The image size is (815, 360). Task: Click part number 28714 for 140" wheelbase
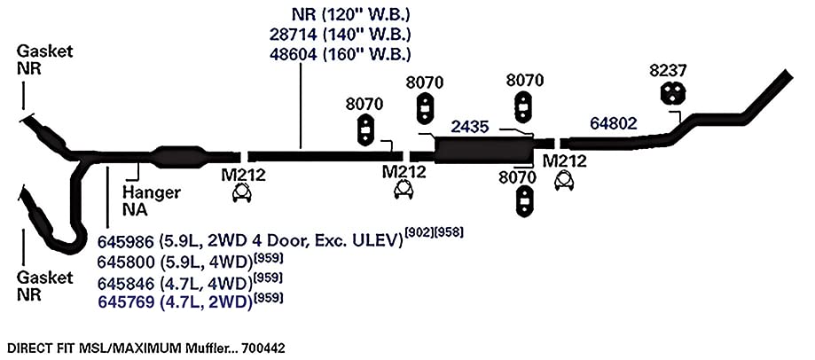point(294,35)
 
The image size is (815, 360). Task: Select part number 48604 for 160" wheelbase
point(294,54)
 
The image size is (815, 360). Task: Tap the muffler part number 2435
point(470,127)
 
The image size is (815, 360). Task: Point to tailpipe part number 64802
point(614,123)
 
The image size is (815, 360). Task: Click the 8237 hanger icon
point(673,93)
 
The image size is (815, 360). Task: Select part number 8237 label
point(668,71)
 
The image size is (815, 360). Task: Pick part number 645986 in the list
point(126,241)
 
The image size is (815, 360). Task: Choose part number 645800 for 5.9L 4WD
point(126,262)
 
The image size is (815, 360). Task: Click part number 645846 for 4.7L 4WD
point(126,283)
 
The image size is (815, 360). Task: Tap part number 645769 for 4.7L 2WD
point(126,301)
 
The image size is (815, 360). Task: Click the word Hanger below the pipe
point(152,193)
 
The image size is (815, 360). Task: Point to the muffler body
point(484,151)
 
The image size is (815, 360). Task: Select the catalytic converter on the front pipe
point(177,157)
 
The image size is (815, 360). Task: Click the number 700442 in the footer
point(263,348)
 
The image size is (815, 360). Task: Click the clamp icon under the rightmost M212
point(565,181)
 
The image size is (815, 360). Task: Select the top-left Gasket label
point(44,51)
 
